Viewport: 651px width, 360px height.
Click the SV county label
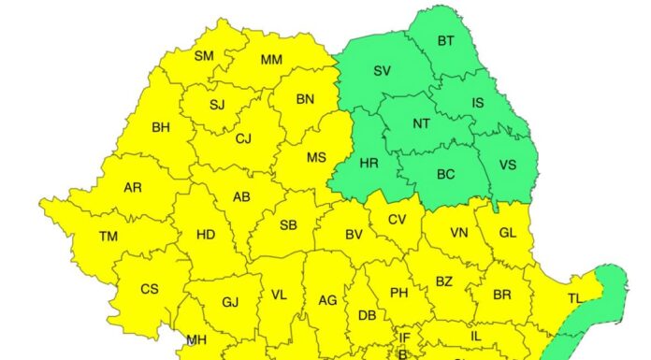(x=382, y=71)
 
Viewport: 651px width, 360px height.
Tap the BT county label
(x=445, y=41)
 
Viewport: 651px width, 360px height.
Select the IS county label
(x=477, y=104)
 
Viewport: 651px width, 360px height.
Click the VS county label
(x=508, y=165)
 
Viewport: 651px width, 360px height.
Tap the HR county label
(x=369, y=163)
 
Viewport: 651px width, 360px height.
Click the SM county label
(x=204, y=56)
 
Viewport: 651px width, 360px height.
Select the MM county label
(x=271, y=60)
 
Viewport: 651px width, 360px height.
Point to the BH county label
(x=161, y=125)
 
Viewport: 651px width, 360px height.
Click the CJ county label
(x=243, y=139)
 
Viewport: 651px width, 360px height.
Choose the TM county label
(x=108, y=237)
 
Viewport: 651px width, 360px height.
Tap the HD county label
(x=206, y=234)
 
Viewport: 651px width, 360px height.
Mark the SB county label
(x=288, y=225)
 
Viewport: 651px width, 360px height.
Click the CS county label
(x=150, y=289)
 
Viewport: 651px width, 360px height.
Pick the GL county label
(x=508, y=233)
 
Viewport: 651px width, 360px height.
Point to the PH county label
(x=398, y=293)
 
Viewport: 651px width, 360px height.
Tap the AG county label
(x=327, y=300)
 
